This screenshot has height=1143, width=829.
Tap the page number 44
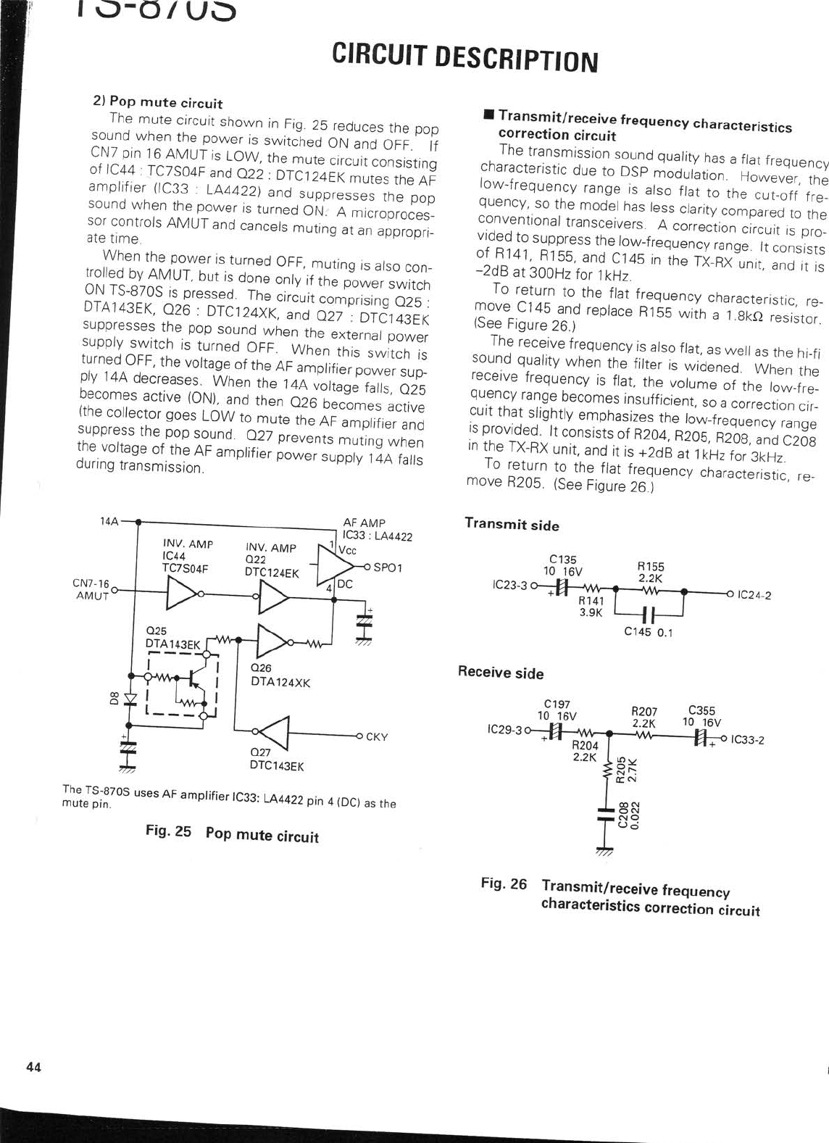[x=33, y=1066]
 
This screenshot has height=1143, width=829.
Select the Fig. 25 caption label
[x=168, y=831]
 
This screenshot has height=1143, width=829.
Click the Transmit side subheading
[x=512, y=524]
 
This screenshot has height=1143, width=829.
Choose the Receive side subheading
[x=500, y=673]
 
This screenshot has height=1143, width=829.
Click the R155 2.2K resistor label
[x=651, y=573]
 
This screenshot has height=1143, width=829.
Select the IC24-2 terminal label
[x=754, y=596]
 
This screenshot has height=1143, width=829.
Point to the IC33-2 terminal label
[x=748, y=740]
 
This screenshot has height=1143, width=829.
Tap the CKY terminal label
[x=377, y=737]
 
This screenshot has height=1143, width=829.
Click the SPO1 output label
[x=388, y=568]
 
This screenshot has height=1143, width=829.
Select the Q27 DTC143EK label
[x=276, y=759]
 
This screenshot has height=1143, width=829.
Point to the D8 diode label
[x=113, y=699]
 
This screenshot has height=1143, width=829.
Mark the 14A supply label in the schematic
[x=109, y=521]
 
